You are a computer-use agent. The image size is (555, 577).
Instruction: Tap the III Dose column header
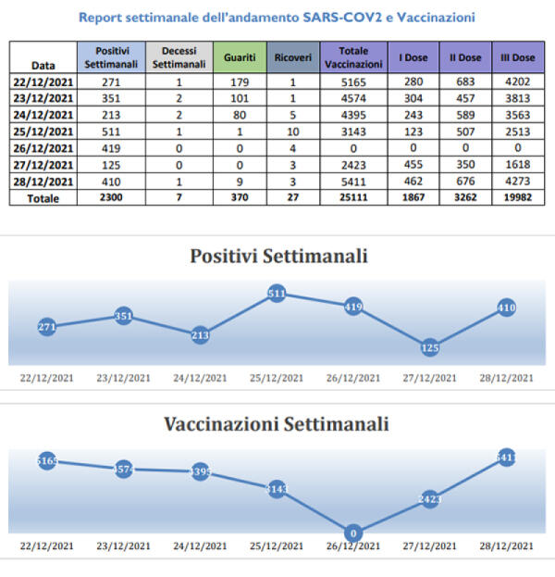[517, 57]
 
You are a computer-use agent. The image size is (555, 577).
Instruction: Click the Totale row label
[43, 198]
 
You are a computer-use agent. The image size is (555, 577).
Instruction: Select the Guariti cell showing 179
[240, 81]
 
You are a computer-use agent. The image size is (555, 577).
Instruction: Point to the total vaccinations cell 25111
[354, 198]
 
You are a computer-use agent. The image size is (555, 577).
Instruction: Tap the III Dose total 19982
[517, 198]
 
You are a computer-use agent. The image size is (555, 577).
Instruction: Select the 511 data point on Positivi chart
[276, 295]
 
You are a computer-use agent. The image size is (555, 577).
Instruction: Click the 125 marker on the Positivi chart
[429, 348]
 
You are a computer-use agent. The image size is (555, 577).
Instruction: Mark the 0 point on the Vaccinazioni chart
[352, 533]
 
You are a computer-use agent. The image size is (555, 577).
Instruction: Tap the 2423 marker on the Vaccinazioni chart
[429, 499]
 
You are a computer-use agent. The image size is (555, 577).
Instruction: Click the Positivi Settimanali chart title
[277, 257]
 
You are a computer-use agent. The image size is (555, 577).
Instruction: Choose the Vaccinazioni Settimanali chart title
[277, 425]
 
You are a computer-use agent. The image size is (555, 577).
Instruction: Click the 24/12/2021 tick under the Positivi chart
[200, 378]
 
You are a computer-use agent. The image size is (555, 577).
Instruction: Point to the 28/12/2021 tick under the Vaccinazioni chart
[506, 546]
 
